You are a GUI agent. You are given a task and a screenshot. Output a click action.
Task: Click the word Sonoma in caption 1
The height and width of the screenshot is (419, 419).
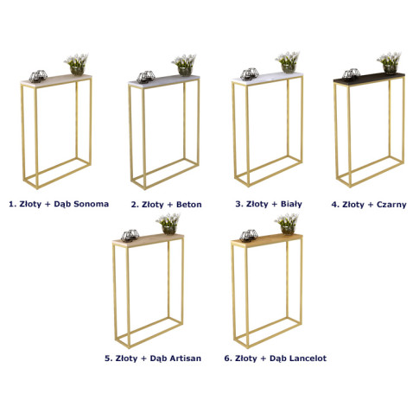(91, 204)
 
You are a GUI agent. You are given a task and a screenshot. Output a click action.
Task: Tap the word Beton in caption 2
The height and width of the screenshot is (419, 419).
(188, 205)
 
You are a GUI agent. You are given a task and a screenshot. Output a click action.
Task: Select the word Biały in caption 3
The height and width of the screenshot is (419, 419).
(291, 204)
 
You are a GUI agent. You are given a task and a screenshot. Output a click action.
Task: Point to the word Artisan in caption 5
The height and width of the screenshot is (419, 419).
(185, 359)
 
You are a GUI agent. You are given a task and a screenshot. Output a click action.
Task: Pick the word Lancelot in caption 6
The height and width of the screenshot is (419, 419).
(308, 359)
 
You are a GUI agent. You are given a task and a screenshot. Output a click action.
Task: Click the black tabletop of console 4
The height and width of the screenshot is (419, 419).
(369, 79)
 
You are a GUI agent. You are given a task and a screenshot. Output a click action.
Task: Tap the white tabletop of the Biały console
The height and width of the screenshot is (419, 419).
(267, 78)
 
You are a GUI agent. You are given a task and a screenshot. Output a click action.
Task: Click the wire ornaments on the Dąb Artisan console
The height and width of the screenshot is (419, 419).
(130, 235)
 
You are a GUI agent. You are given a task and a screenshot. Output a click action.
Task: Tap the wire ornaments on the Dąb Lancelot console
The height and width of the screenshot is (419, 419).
(249, 235)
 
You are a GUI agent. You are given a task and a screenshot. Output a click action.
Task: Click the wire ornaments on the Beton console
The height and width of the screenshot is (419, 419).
(146, 77)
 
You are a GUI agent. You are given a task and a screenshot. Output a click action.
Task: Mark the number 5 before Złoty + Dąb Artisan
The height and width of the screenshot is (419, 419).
(107, 359)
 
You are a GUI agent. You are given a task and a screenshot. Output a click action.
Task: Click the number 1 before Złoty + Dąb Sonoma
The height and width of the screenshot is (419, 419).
(11, 204)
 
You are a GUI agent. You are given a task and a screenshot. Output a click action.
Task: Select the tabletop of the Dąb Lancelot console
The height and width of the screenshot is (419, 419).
(267, 239)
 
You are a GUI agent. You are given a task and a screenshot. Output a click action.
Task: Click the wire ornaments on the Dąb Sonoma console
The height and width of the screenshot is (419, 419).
(38, 76)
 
